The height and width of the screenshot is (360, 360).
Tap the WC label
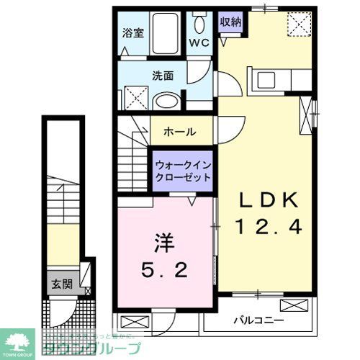(198, 42)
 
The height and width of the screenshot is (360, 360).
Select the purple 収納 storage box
(230, 22)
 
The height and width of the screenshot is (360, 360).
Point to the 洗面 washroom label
(162, 74)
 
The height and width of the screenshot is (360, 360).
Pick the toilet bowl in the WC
(199, 22)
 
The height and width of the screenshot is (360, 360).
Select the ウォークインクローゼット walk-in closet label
(183, 171)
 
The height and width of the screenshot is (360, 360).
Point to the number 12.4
(268, 227)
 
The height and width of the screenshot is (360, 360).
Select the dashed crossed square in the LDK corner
(297, 24)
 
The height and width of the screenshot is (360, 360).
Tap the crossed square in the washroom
(132, 97)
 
